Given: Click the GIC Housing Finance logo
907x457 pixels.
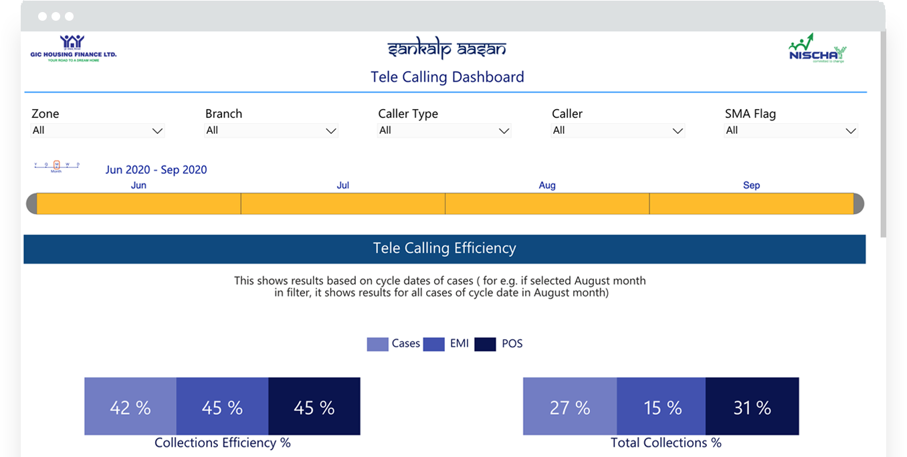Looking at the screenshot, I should click(73, 48).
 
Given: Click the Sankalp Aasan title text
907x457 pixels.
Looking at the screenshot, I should click(447, 49).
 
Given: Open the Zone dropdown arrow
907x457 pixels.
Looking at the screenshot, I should click(157, 131).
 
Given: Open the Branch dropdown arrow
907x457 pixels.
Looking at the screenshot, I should click(330, 131).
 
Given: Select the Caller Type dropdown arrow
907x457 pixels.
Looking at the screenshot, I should click(504, 131).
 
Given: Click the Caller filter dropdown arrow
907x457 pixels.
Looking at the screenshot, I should click(677, 131).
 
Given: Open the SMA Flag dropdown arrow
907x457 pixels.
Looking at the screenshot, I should click(850, 131).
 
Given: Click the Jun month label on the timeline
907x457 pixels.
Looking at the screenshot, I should click(138, 185).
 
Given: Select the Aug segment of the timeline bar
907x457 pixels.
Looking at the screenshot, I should click(546, 203).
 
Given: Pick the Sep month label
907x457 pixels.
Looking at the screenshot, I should click(751, 185).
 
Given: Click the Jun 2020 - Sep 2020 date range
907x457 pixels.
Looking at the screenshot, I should click(156, 170).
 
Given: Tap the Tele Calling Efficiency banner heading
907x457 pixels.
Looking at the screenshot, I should click(444, 248).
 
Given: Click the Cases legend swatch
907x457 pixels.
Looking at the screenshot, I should click(377, 344).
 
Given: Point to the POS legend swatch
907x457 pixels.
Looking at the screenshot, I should click(485, 344).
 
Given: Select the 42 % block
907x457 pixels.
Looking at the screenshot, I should click(130, 407).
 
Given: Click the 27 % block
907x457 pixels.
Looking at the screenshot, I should click(570, 407).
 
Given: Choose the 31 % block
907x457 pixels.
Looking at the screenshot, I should click(752, 407).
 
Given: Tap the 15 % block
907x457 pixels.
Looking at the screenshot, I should click(662, 407).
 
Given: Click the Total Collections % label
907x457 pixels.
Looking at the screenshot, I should click(666, 443).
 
